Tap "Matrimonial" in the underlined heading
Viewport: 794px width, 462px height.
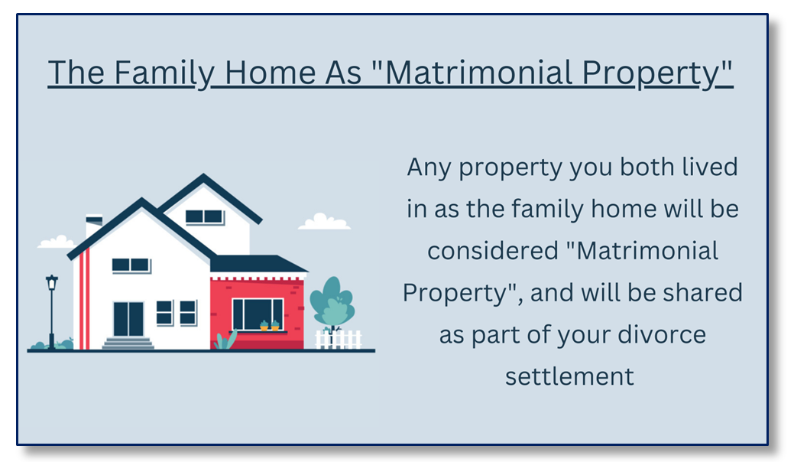coord(479,73)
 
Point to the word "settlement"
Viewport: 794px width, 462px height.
coord(569,376)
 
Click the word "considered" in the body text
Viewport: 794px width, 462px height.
coord(493,251)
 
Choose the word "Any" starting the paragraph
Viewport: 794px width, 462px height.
coord(429,168)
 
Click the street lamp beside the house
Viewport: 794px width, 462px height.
coord(52,311)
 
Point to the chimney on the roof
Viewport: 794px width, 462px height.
coord(94,226)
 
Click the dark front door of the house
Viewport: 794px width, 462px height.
coord(128,319)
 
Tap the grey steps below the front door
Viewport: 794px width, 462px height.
coord(128,343)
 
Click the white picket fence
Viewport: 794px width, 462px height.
coord(339,340)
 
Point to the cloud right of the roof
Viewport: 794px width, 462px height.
coord(324,222)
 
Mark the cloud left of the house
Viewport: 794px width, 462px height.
coord(57,242)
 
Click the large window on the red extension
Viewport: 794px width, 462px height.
coord(258,314)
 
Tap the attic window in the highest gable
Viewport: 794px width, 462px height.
coord(204,216)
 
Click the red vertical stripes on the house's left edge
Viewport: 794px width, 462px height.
coord(84,299)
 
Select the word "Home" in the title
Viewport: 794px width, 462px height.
coord(270,73)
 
